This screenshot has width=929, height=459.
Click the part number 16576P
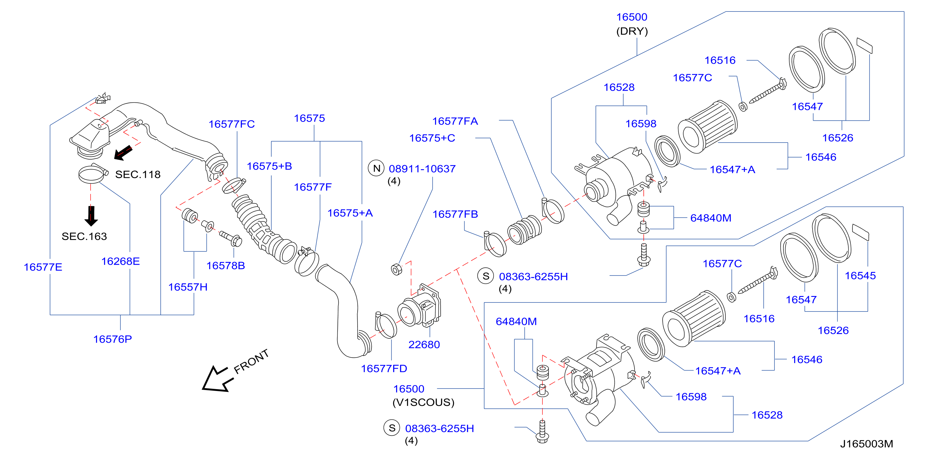112,339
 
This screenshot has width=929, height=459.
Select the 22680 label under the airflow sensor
424,345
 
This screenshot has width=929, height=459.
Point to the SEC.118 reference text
138,175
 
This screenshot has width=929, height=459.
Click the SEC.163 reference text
84,236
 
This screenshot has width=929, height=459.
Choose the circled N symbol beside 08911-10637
376,168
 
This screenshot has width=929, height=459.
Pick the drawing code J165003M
867,444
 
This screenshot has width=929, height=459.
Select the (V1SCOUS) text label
423,402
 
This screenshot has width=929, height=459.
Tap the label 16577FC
231,124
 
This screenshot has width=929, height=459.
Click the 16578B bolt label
225,266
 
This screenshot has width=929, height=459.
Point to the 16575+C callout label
432,138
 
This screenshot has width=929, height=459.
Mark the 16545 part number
860,276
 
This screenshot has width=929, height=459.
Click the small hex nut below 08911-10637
396,269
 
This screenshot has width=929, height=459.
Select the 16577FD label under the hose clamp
384,368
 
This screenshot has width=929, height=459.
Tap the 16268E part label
121,261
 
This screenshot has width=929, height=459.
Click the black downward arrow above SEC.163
91,216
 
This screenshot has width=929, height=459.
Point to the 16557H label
188,287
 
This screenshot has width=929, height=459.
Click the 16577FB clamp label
455,214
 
